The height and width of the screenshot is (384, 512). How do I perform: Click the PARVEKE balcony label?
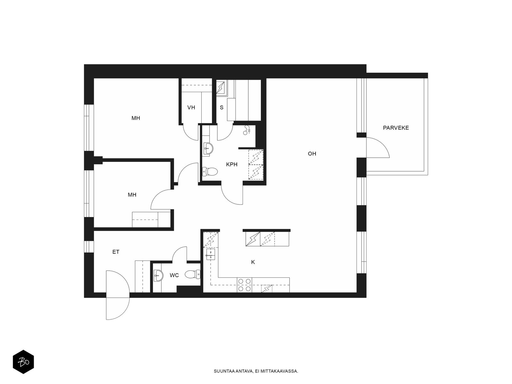pyautogui.click(x=396, y=128)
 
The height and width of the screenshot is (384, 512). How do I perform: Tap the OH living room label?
pyautogui.click(x=312, y=154)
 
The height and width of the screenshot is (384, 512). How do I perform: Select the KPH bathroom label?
pyautogui.click(x=232, y=164)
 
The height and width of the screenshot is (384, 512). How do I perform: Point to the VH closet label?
pyautogui.click(x=191, y=108)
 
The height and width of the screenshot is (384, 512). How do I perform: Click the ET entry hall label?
pyautogui.click(x=116, y=252)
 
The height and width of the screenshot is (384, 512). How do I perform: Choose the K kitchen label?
pyautogui.click(x=253, y=262)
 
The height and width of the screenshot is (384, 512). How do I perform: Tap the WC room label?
pyautogui.click(x=174, y=275)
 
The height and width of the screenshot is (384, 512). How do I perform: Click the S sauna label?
pyautogui.click(x=221, y=108)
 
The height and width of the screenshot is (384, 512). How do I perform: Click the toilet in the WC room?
pyautogui.click(x=192, y=274)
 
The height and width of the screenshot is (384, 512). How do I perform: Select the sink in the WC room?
pyautogui.click(x=159, y=276)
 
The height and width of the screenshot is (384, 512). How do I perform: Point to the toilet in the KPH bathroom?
pyautogui.click(x=210, y=172)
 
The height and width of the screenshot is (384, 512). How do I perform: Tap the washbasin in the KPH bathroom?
pyautogui.click(x=208, y=148)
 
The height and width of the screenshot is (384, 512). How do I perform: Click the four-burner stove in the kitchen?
pyautogui.click(x=244, y=285)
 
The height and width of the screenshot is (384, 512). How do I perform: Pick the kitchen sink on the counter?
pyautogui.click(x=210, y=254)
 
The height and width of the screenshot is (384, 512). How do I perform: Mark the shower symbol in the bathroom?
pyautogui.click(x=247, y=130)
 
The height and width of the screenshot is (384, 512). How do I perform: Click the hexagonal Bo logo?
pyautogui.click(x=23, y=362)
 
